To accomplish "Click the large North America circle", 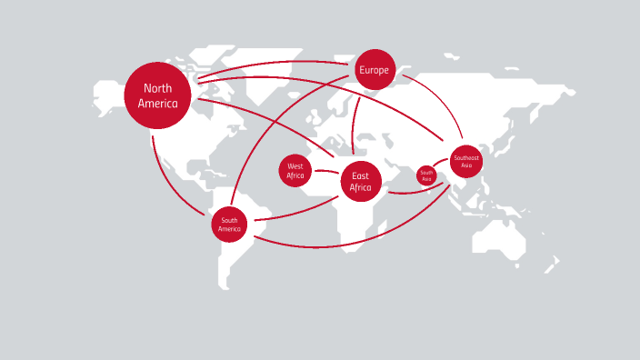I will pos(157,95).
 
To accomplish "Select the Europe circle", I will pos(374,69).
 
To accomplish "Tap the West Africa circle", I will pos(295,171).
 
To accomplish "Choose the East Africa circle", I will pos(360,183).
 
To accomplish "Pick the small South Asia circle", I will pos(426,175).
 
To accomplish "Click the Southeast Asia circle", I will pos(465,162).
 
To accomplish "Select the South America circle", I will pos(229,224).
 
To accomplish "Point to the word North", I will pos(157,88).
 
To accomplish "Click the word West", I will pos(295,166).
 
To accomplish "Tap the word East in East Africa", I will pos(360,176).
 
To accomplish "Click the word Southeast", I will pos(465,158).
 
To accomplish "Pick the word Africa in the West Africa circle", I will pos(295,175).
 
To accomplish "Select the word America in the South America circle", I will pos(229,229).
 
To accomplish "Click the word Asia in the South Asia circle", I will pos(426,179).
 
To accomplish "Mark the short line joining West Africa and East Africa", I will pos(326,173).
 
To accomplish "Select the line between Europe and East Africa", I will pos(355,127).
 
